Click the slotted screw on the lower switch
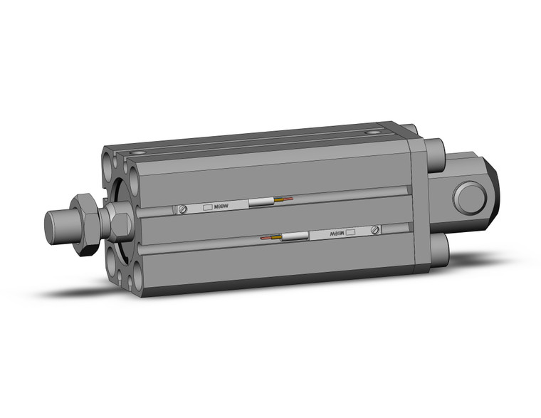tap(375, 230)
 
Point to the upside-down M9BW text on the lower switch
tap(334, 233)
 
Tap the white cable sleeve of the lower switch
tap(294, 236)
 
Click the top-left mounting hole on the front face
tap(108, 155)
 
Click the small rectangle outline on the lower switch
tap(352, 231)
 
